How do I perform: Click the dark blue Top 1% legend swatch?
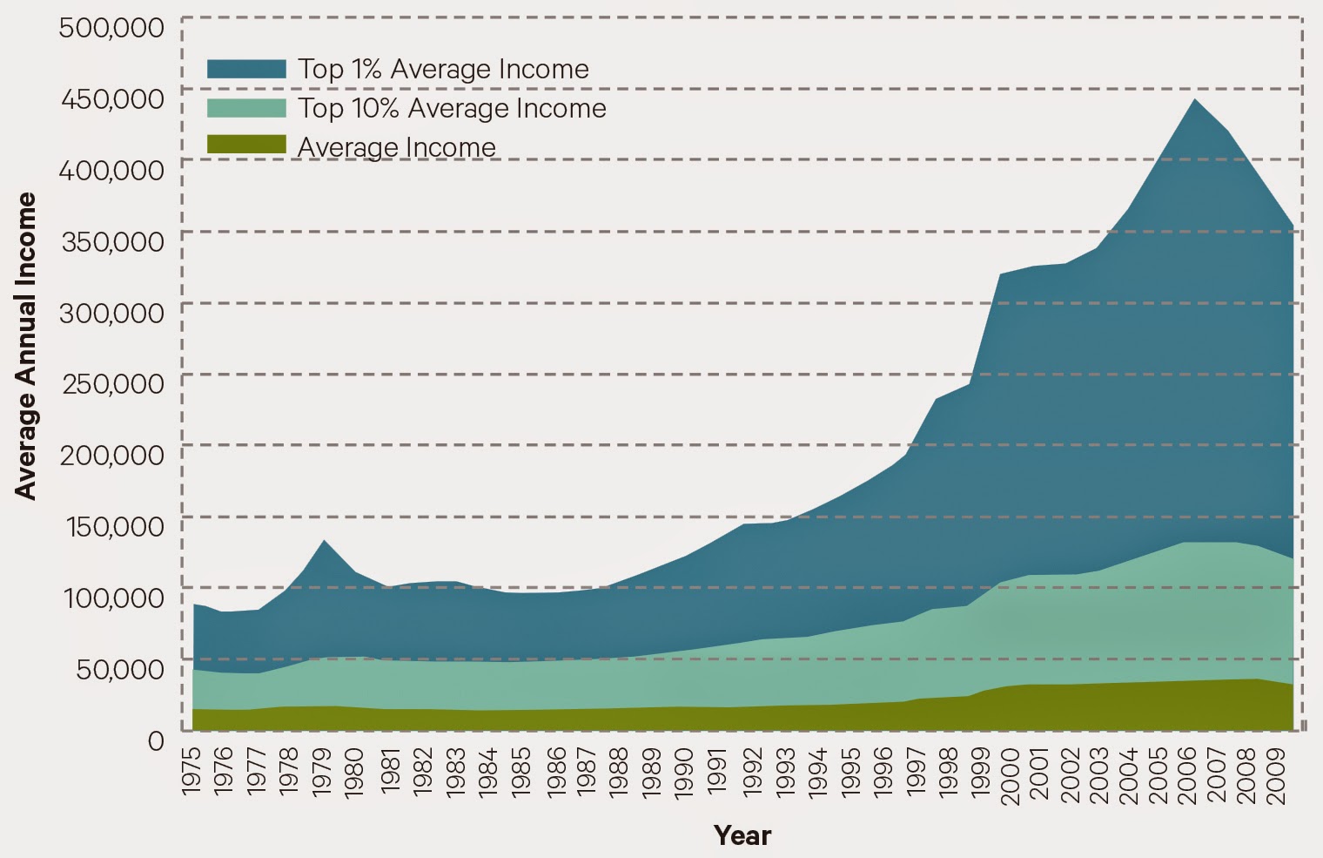coord(246,69)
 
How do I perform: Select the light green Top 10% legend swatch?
coord(246,108)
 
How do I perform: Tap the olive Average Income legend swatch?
coord(246,145)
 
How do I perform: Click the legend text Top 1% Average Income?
coord(443,69)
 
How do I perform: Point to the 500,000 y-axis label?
coord(111,27)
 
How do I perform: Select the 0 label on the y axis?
coord(156,740)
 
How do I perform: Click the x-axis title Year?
coord(742,835)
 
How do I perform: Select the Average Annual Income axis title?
coord(27,346)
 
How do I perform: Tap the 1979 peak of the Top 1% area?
coord(324,541)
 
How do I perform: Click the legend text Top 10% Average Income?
coord(452,108)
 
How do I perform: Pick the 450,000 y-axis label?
coord(111,98)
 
